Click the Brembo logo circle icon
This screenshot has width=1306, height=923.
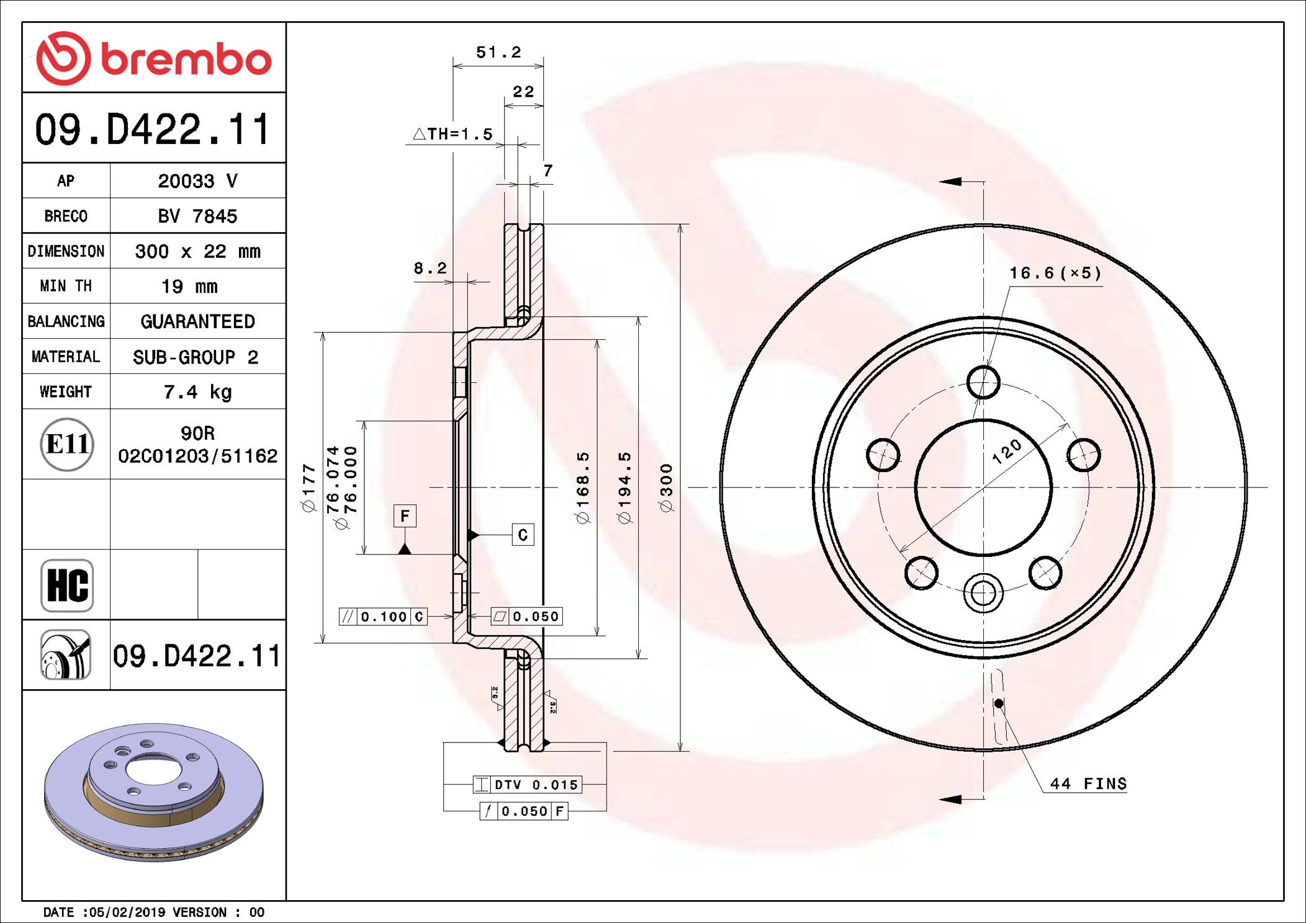coord(63,58)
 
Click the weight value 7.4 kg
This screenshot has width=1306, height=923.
coord(197,391)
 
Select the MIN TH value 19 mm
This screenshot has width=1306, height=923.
coord(189,286)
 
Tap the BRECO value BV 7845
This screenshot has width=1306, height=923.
coord(197,216)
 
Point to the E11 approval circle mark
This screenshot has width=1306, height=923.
coord(67,444)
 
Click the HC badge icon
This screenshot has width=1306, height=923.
coord(67,585)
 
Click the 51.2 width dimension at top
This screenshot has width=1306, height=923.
coord(498,53)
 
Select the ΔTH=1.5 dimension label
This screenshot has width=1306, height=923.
coord(453,134)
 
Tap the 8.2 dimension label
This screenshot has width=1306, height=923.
coord(430,268)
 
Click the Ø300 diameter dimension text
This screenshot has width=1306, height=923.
coord(666,488)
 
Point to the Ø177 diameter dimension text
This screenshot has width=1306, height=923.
coord(308,488)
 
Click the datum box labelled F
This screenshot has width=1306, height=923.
coord(405,516)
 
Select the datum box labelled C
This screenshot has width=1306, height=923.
coord(523,535)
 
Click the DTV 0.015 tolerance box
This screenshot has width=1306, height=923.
coord(528,785)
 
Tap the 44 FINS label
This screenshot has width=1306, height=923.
coord(1088,784)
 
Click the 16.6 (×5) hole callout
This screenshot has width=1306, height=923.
coord(1055,273)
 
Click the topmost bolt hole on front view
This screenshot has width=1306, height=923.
coord(983,381)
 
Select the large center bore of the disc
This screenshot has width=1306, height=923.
coord(983,488)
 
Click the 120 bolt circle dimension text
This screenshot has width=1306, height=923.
coord(1006,452)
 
